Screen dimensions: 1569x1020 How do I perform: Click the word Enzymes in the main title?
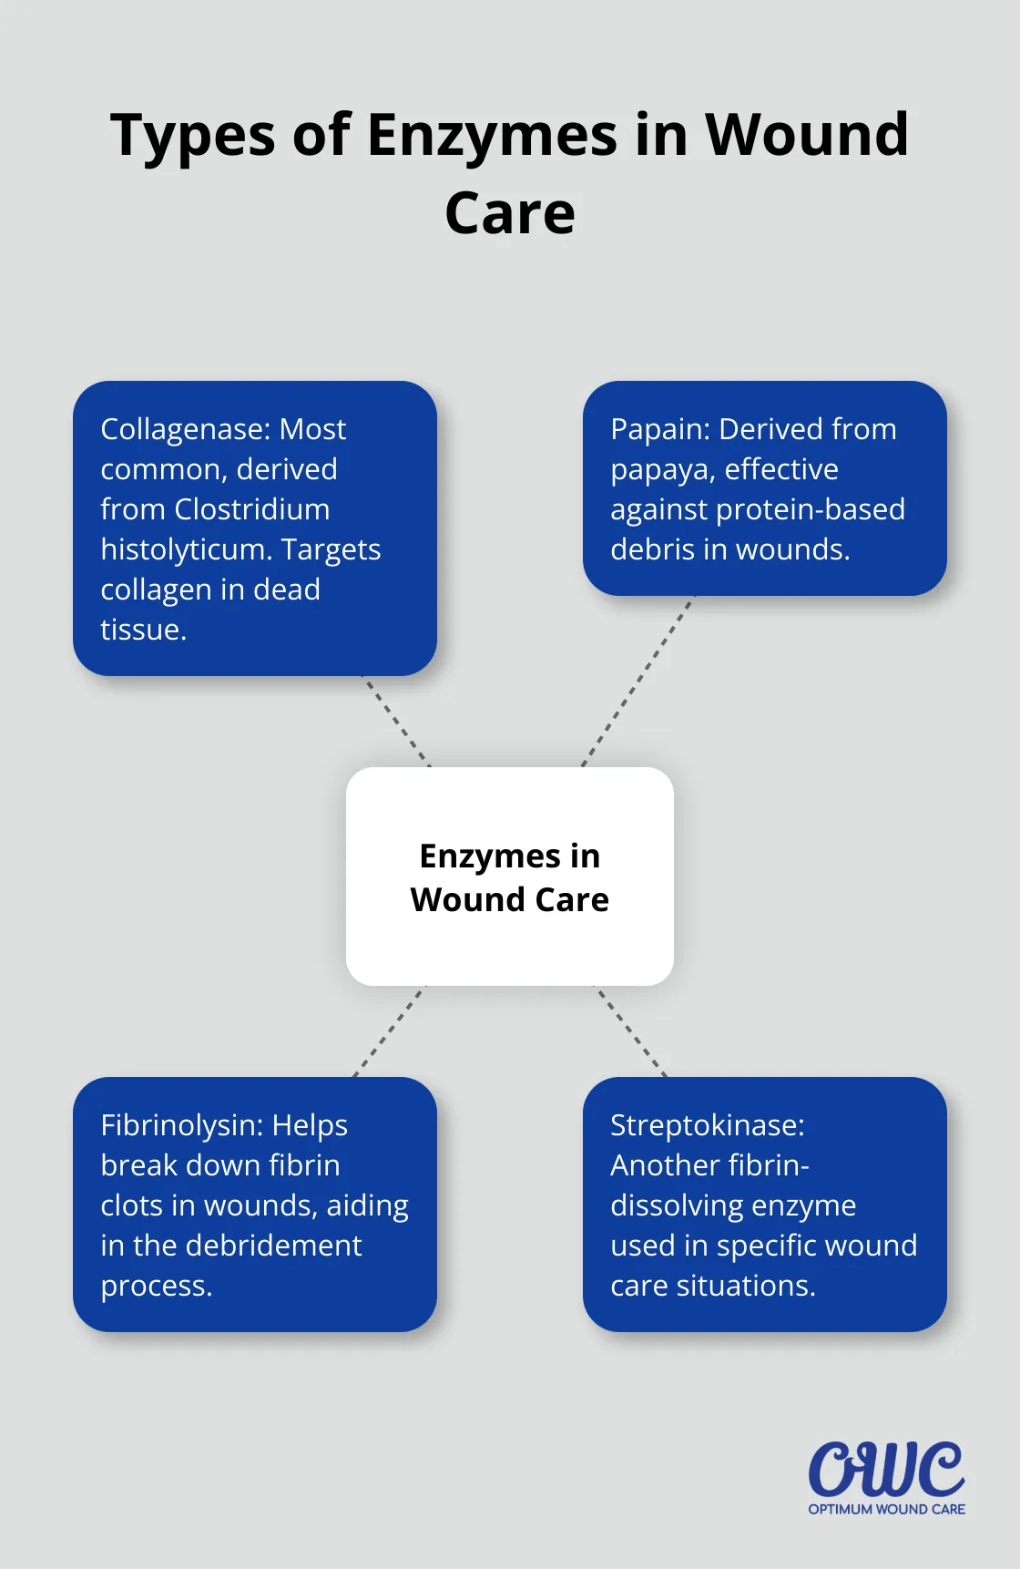click(492, 137)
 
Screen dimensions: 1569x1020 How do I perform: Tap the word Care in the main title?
click(510, 214)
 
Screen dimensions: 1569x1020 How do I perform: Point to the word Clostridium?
click(252, 509)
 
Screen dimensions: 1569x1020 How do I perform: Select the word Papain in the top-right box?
click(659, 429)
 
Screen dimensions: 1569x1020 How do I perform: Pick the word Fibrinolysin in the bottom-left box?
click(182, 1125)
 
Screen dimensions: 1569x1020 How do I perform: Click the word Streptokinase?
click(707, 1125)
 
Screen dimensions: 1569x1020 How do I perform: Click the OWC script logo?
click(886, 1469)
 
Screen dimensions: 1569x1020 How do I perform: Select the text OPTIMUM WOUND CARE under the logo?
click(886, 1510)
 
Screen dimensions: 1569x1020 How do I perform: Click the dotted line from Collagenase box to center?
click(397, 722)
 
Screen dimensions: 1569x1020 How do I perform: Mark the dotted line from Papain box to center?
click(637, 682)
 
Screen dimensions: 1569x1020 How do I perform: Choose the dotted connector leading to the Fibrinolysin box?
click(389, 1031)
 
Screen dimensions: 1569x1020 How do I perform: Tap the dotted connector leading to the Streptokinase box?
click(631, 1031)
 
